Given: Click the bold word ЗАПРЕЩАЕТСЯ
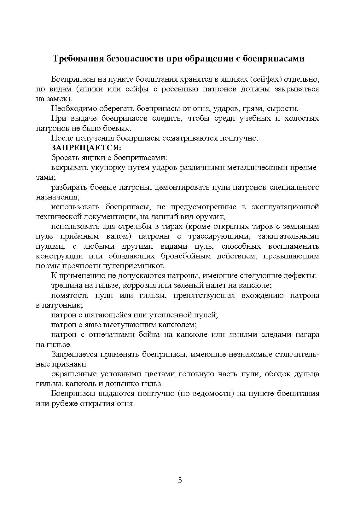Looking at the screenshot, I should point(86,148).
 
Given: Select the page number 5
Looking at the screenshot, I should point(180,480).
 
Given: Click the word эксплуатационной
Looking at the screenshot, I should point(286,207).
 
